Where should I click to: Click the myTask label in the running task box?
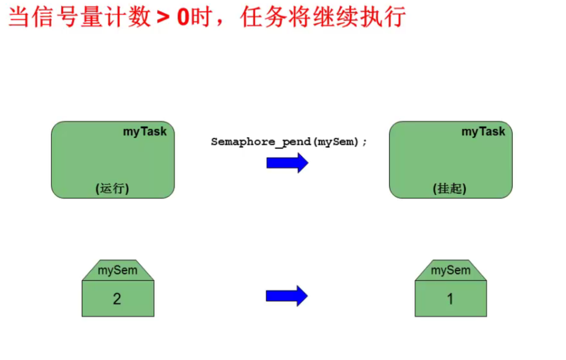tap(145, 132)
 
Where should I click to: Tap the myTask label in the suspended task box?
tap(483, 132)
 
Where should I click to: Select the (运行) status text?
tap(112, 188)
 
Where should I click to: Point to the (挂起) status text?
tap(449, 188)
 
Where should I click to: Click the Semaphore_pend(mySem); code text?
tap(289, 142)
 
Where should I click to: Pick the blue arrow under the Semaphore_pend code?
tap(287, 163)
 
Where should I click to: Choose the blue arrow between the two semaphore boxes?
tap(287, 296)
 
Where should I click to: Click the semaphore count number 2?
tap(117, 299)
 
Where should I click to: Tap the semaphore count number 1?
tap(450, 299)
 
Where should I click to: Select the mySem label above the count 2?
tap(117, 270)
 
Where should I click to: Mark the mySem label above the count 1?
tap(450, 270)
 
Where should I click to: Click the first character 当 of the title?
tap(18, 18)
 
